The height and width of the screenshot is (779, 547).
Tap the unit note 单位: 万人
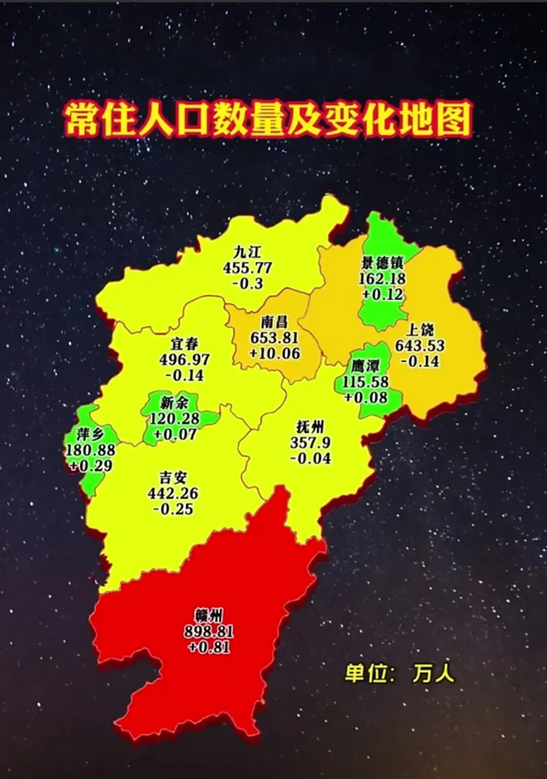[x=399, y=674]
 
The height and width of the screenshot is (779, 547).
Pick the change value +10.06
[x=275, y=353]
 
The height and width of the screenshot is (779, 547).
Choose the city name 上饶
[x=420, y=330]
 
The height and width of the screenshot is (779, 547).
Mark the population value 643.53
[x=420, y=346]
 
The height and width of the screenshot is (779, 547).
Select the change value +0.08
[x=365, y=397]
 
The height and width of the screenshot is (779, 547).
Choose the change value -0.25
[x=173, y=509]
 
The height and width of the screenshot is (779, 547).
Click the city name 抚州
[x=310, y=427]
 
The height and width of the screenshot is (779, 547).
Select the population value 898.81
[x=209, y=632]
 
